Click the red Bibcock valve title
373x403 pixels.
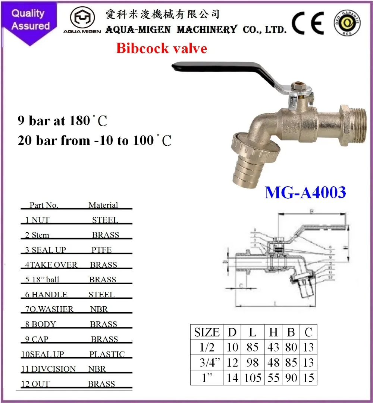click(161, 49)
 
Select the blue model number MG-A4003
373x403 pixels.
click(305, 192)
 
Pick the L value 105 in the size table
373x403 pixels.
click(253, 378)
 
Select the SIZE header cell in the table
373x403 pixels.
click(207, 332)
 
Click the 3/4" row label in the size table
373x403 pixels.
click(207, 363)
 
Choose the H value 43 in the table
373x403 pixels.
click(273, 347)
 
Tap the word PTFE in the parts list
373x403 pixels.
click(101, 250)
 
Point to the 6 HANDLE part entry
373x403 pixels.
click(46, 295)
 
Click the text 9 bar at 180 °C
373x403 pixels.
click(63, 121)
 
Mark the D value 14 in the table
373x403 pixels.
click(232, 378)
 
